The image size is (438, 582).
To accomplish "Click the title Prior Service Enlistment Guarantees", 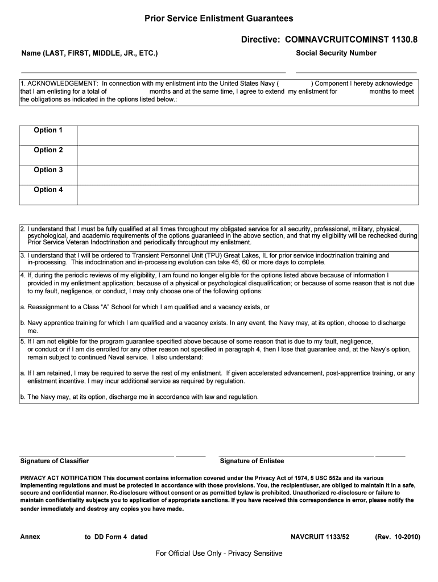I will (x=219, y=19).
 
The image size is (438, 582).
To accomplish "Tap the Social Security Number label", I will (x=336, y=53).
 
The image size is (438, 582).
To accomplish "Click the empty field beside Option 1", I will (x=247, y=135).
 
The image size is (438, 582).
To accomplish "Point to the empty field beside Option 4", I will (x=247, y=194).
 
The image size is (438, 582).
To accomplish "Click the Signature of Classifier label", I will (x=55, y=461).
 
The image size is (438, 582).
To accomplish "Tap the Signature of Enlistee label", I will (x=251, y=461).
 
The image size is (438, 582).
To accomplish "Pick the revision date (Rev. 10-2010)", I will (x=397, y=537).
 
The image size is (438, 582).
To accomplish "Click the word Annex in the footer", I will (x=30, y=537).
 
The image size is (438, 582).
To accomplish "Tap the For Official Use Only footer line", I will (x=219, y=554).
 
